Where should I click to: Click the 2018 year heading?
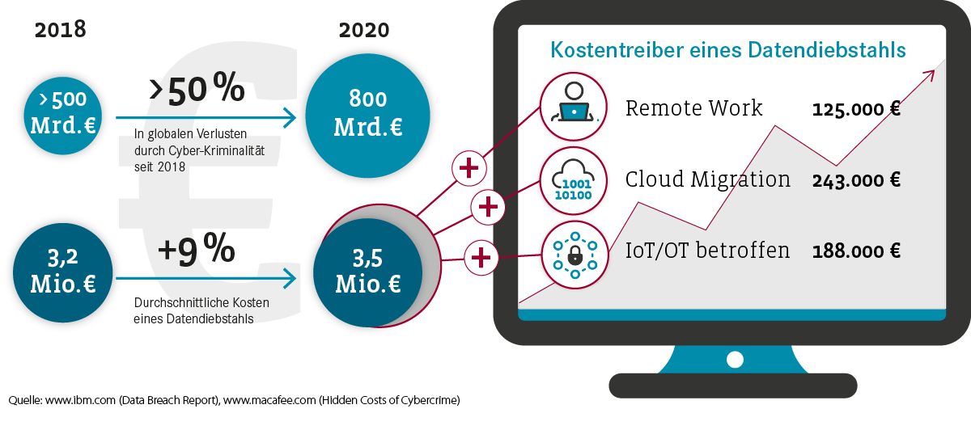[60, 29]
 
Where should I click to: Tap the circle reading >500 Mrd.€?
[63, 116]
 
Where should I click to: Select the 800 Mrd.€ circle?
[367, 116]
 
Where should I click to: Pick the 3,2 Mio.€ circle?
[63, 273]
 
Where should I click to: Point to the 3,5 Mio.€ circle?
[367, 273]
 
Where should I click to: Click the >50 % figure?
[197, 89]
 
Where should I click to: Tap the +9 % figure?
[197, 250]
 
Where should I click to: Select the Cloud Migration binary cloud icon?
[574, 180]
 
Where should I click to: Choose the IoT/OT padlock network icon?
[575, 255]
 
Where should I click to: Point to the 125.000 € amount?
[856, 108]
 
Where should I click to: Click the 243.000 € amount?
[856, 180]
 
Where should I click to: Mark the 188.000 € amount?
[856, 251]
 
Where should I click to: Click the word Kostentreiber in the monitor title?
[617, 50]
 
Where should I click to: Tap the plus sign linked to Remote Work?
[469, 168]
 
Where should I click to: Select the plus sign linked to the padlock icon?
[481, 258]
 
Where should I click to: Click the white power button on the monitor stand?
[735, 360]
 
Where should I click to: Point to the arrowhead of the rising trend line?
[930, 75]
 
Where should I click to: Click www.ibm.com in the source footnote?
[80, 400]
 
